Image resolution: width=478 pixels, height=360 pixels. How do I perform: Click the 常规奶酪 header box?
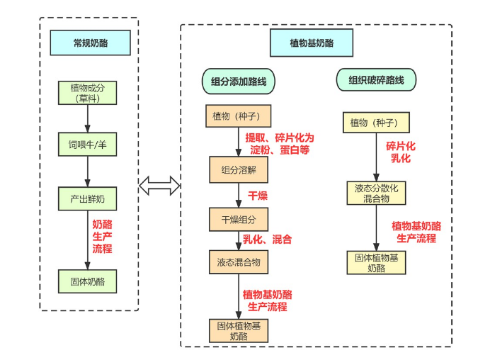click(90, 43)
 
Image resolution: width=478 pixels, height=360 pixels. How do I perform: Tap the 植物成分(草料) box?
click(87, 94)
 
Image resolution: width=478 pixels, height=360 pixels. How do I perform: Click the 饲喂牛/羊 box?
click(87, 145)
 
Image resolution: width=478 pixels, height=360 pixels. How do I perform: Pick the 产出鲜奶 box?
click(87, 197)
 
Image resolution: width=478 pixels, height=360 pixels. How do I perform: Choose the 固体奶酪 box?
click(87, 281)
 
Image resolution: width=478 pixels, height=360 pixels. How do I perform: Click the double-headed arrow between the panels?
click(159, 186)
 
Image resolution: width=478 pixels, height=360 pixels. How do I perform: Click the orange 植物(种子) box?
click(237, 116)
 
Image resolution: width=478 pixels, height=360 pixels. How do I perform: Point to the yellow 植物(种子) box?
click(376, 123)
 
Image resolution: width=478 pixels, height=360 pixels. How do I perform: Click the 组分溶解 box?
click(239, 170)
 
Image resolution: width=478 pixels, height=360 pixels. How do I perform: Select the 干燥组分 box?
click(239, 219)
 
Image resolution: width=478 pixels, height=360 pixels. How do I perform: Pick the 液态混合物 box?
click(239, 262)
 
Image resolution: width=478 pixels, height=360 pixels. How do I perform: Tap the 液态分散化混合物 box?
click(376, 193)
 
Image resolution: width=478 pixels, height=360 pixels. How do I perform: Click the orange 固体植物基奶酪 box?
click(239, 331)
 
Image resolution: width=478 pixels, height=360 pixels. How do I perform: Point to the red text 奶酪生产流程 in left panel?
click(102, 236)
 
